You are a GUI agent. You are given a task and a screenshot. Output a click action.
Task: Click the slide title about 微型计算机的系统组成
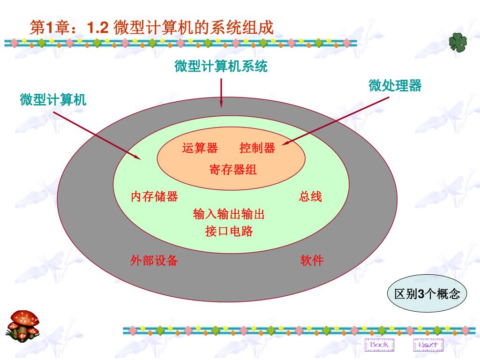[151, 28]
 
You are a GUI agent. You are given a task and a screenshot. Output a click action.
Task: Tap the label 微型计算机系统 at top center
[221, 67]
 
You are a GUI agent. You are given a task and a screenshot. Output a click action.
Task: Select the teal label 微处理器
[395, 86]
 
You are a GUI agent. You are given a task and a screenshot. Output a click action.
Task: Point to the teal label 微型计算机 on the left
[53, 100]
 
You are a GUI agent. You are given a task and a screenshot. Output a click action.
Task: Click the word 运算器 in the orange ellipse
[200, 149]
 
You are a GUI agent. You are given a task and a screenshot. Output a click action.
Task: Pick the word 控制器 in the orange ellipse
[257, 149]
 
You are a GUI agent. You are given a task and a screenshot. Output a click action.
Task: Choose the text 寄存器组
[233, 169]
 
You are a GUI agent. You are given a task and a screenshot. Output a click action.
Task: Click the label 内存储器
[154, 196]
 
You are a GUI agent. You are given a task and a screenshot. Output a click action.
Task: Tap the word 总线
[310, 196]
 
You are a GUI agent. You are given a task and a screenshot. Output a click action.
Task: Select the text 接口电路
[229, 231]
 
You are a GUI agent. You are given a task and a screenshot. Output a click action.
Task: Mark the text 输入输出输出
[229, 215]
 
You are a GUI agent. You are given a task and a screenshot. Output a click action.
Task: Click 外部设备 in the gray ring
[154, 261]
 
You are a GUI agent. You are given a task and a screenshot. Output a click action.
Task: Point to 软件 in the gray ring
[312, 261]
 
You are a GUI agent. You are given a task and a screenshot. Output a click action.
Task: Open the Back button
[379, 345]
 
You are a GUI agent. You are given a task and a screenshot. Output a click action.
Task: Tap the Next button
[428, 345]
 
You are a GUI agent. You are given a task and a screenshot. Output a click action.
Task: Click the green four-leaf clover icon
[458, 43]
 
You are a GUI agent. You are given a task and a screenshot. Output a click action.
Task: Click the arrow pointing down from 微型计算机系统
[221, 92]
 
